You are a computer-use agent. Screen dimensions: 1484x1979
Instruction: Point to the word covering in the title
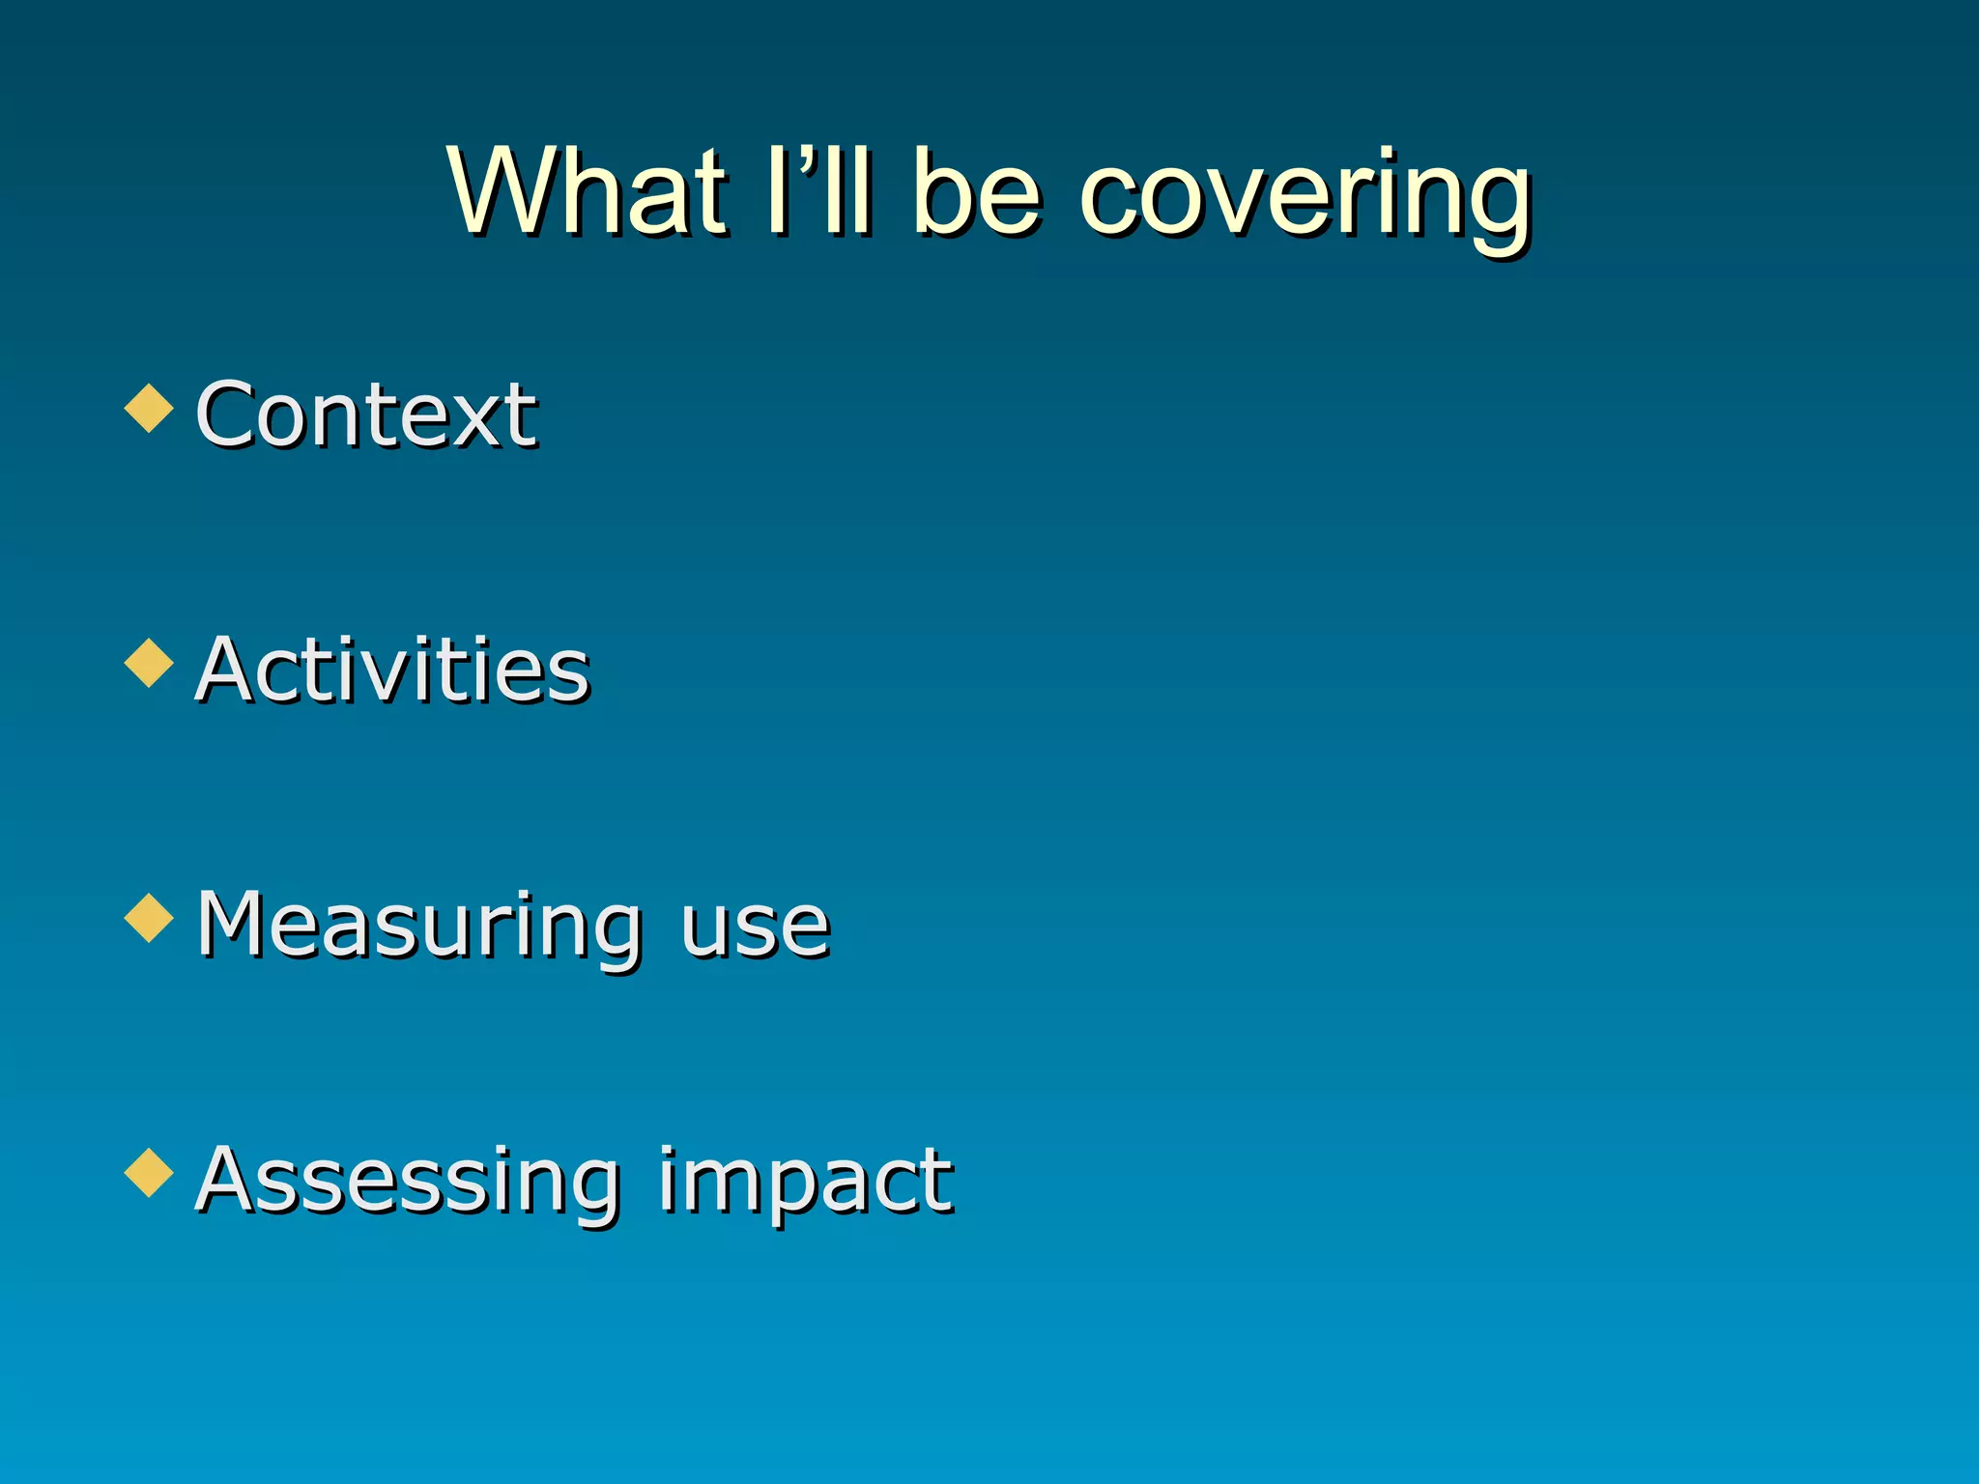1305,198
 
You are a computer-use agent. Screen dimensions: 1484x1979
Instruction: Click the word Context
365,414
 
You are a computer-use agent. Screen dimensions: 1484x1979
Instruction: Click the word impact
806,1183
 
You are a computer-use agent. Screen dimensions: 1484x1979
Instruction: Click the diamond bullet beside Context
150,408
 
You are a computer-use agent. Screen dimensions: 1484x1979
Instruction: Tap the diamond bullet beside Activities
150,663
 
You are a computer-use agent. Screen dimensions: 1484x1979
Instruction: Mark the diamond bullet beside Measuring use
150,918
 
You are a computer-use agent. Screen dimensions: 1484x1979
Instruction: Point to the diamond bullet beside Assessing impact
150,1173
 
